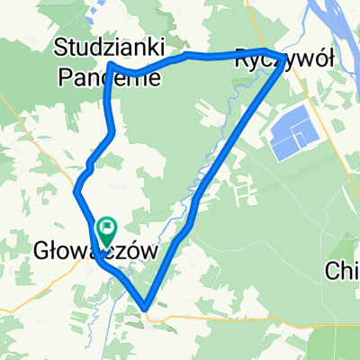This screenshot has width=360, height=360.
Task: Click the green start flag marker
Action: pos(106,233)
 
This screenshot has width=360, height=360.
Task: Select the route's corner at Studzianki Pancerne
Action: pos(110,65)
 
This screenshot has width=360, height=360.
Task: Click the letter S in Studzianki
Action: pos(61,44)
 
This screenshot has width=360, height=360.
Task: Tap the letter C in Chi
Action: pos(333,271)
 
